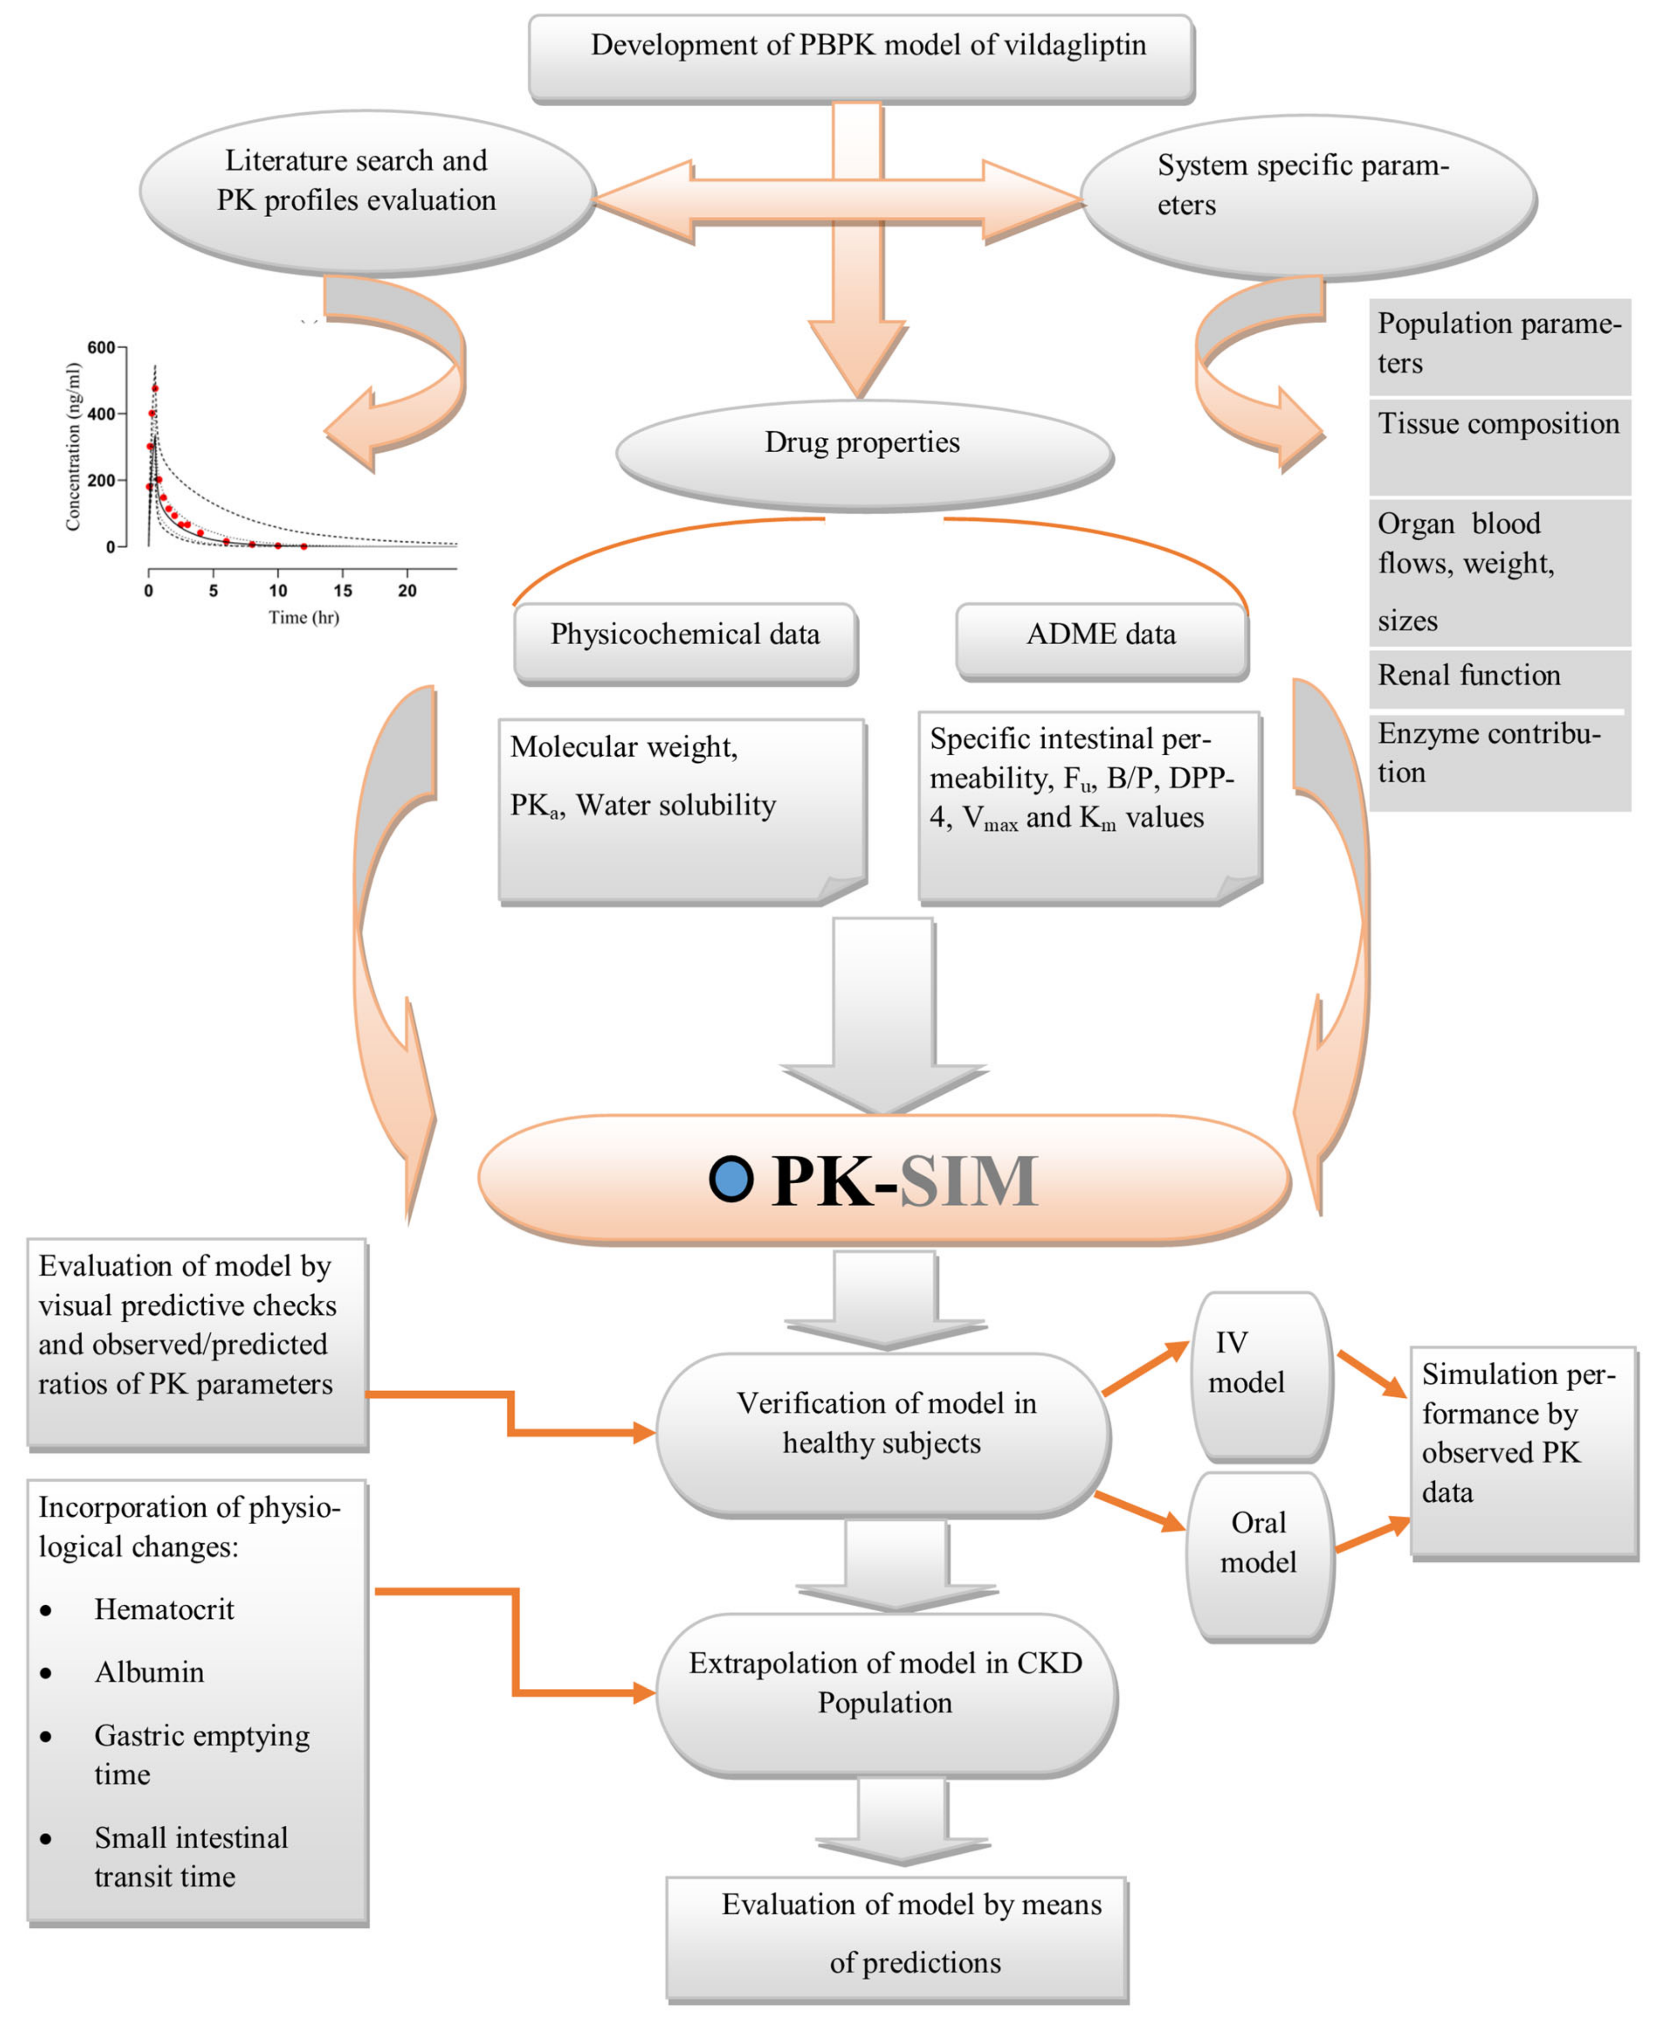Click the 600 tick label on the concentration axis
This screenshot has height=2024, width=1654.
(101, 348)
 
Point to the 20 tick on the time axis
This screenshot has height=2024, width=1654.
(407, 591)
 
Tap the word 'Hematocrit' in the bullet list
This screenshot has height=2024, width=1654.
(164, 1609)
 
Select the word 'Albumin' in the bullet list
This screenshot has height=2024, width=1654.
(149, 1673)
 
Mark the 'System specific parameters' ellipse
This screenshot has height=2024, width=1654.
(1308, 198)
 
